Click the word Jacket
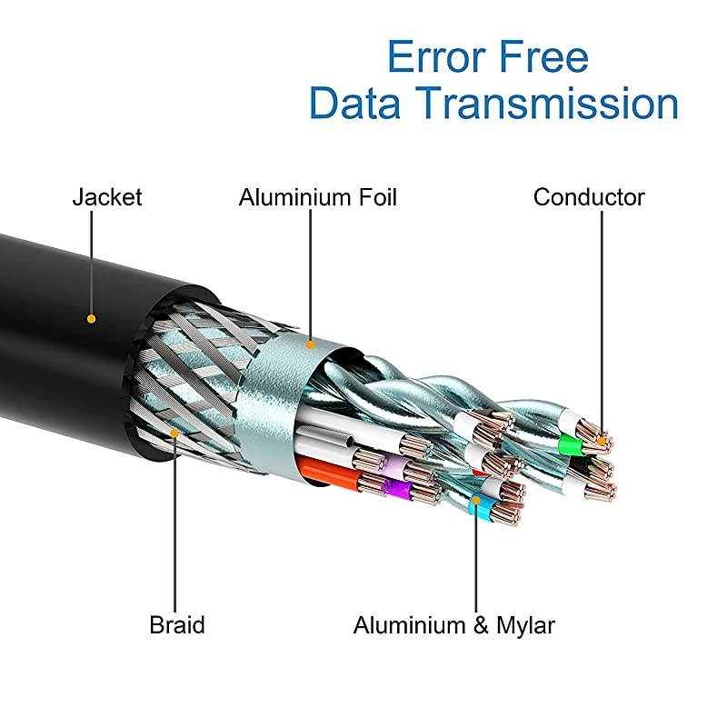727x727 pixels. pyautogui.click(x=107, y=197)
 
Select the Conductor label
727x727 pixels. pyautogui.click(x=589, y=197)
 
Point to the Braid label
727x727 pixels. pyautogui.click(x=177, y=625)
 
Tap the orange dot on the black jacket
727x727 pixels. pyautogui.click(x=90, y=318)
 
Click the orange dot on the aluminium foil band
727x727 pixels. pyautogui.click(x=310, y=344)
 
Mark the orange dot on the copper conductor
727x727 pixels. pyautogui.click(x=601, y=443)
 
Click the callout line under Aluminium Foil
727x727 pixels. pyautogui.click(x=310, y=273)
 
